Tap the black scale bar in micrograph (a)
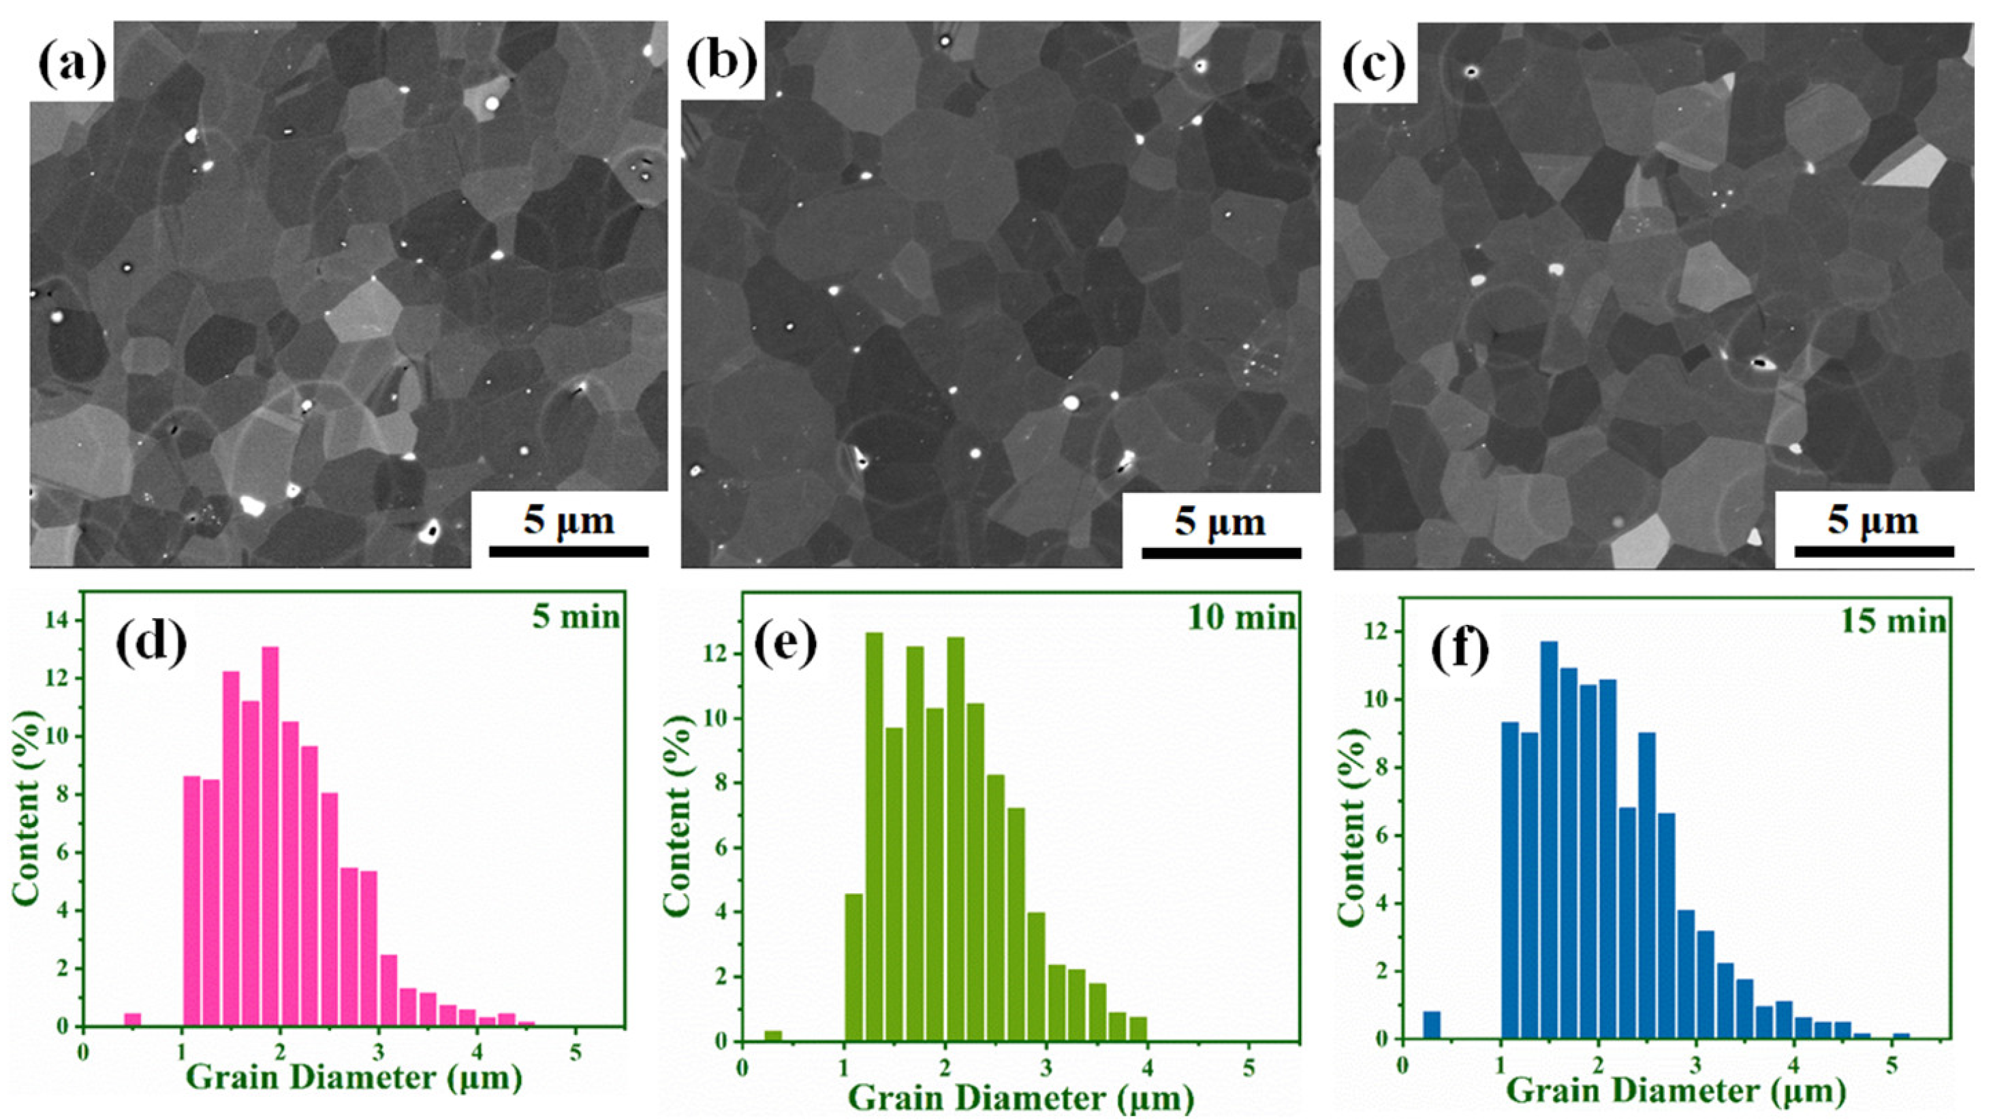point(569,551)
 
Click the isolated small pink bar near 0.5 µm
point(133,1019)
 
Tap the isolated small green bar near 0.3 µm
point(773,1035)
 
